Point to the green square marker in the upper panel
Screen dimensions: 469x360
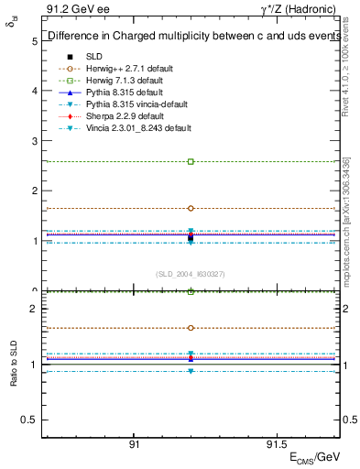pyautogui.click(x=191, y=161)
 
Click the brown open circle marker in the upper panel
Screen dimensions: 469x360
pyautogui.click(x=191, y=208)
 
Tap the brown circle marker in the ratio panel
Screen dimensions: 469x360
pyautogui.click(x=191, y=327)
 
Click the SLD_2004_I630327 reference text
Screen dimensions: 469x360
pyautogui.click(x=191, y=273)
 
